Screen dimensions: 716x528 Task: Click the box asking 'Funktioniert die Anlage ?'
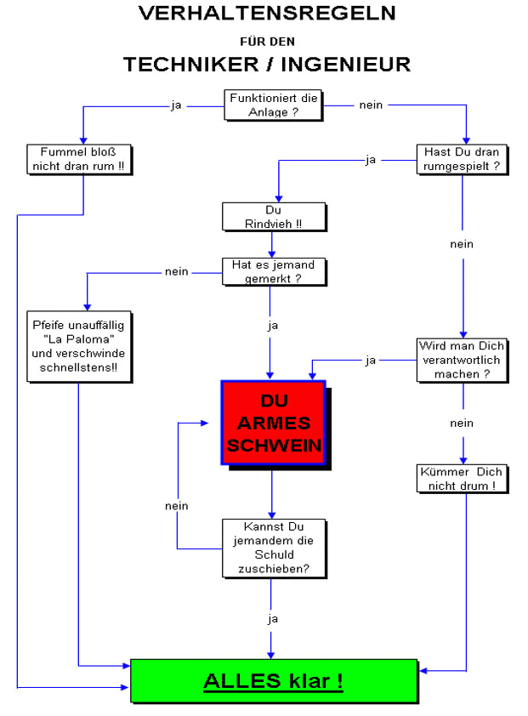pyautogui.click(x=274, y=105)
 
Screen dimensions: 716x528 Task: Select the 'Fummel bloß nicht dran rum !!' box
pyautogui.click(x=82, y=160)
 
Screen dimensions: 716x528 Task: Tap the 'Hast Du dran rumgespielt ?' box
pyautogui.click(x=463, y=160)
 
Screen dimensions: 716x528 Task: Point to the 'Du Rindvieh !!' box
pyautogui.click(x=273, y=217)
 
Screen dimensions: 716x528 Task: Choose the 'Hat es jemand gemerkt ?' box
pyautogui.click(x=273, y=272)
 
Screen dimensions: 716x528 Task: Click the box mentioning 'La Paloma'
pyautogui.click(x=79, y=346)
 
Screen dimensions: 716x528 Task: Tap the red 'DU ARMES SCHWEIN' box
pyautogui.click(x=273, y=423)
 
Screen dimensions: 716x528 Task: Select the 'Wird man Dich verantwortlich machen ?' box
pyautogui.click(x=463, y=360)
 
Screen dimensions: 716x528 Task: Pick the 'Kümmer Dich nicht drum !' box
pyautogui.click(x=463, y=478)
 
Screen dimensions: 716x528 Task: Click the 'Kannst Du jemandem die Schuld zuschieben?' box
pyautogui.click(x=273, y=548)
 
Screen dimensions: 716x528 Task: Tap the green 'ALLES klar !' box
pyautogui.click(x=274, y=680)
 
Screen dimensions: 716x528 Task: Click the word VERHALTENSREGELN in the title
pyautogui.click(x=267, y=13)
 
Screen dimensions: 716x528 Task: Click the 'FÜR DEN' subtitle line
pyautogui.click(x=266, y=39)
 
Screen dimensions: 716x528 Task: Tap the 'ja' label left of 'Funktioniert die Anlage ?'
pyautogui.click(x=177, y=105)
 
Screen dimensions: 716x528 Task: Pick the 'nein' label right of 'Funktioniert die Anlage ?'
pyautogui.click(x=371, y=105)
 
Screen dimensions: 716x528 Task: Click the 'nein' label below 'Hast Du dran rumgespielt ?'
pyautogui.click(x=462, y=244)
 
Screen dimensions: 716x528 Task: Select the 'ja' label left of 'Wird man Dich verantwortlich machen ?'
pyautogui.click(x=371, y=361)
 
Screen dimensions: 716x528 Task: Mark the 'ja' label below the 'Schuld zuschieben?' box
pyautogui.click(x=273, y=619)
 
